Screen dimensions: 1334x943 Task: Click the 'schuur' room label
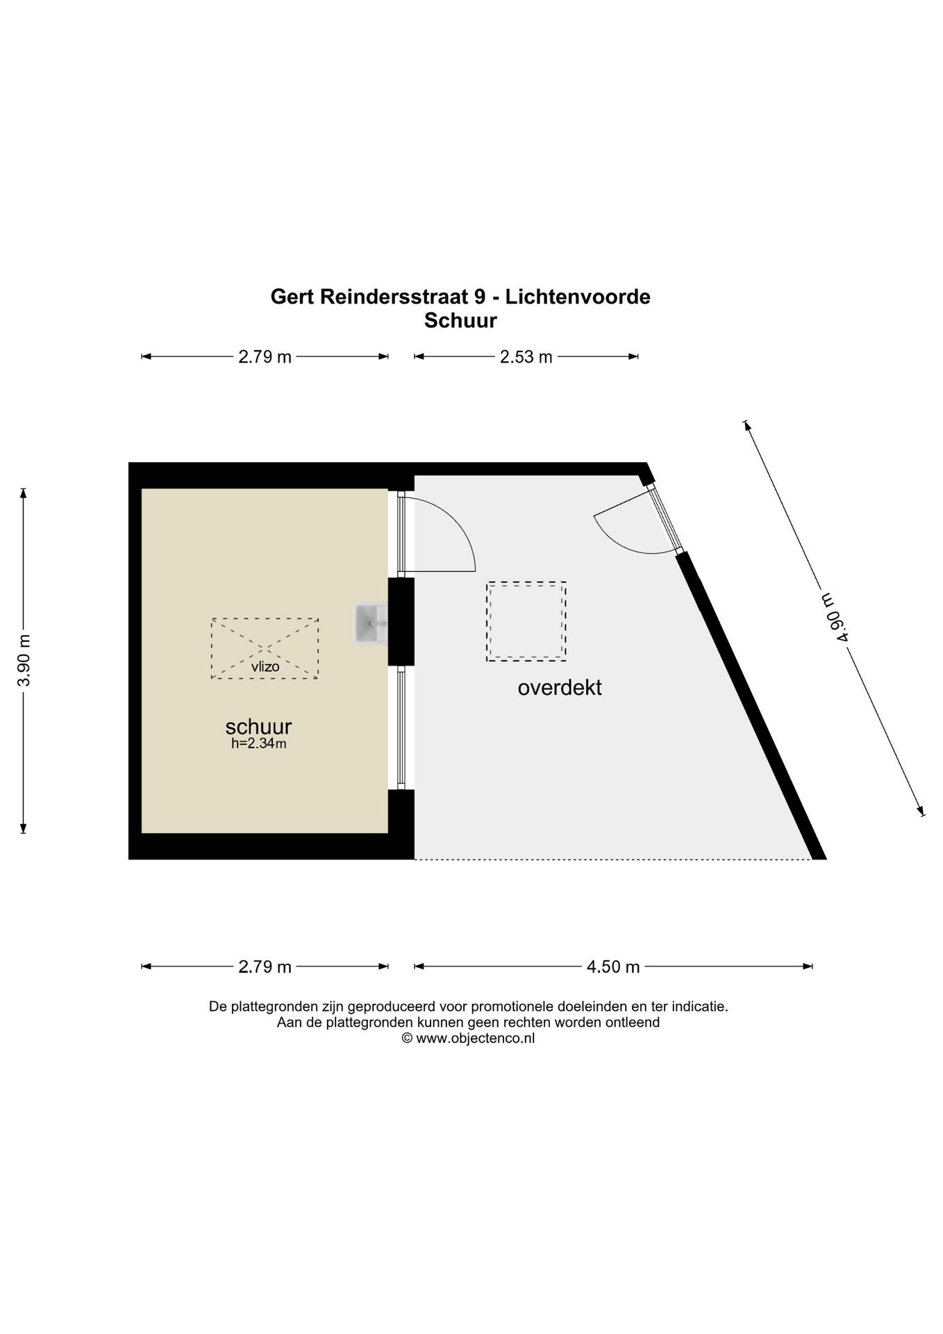click(258, 727)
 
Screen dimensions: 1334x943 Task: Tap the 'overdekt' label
click(559, 688)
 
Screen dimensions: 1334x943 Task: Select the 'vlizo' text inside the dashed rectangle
click(265, 667)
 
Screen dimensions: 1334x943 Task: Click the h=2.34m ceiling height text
click(258, 743)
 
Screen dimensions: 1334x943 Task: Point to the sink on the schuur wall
click(369, 623)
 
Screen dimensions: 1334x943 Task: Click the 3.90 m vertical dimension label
click(24, 660)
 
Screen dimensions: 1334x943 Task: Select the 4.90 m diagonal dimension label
click(833, 618)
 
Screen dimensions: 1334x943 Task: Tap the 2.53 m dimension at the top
click(526, 357)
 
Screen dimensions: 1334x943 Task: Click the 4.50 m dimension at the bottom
click(612, 966)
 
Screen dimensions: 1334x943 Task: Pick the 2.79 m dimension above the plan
click(265, 357)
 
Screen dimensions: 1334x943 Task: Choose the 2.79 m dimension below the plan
click(265, 966)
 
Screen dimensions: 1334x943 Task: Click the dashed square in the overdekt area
click(526, 621)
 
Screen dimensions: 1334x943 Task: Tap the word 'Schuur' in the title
click(460, 321)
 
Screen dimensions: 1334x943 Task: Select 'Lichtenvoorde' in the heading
click(577, 297)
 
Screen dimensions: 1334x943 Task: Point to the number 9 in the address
click(478, 297)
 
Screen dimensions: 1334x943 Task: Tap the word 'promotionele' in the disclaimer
click(513, 1006)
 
